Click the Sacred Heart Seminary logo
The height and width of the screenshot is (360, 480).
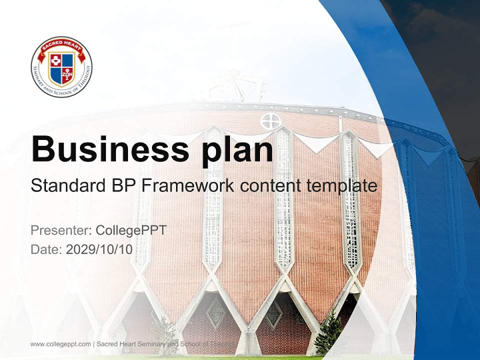(61, 66)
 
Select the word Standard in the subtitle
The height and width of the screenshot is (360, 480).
(67, 186)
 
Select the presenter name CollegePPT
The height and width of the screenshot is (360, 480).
(131, 230)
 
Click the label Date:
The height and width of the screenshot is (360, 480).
(46, 249)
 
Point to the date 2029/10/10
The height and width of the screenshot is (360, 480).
(99, 249)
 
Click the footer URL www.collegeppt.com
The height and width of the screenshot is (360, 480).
(60, 344)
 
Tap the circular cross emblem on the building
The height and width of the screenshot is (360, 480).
(270, 121)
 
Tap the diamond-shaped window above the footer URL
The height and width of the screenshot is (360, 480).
(215, 313)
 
